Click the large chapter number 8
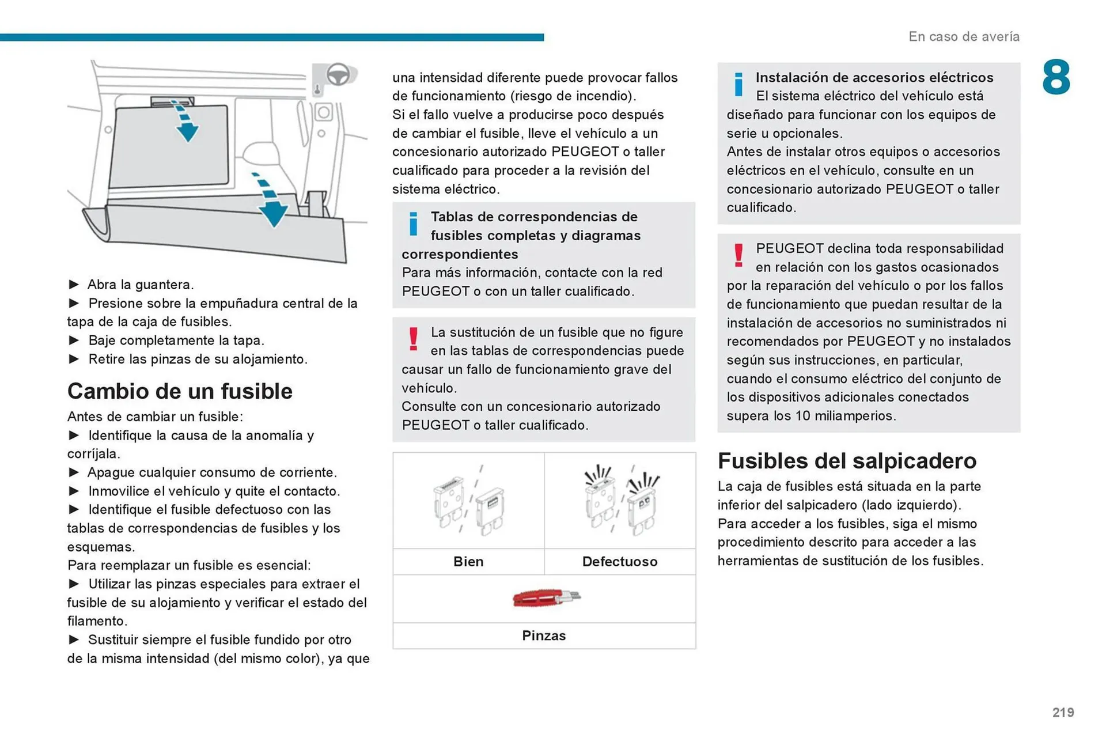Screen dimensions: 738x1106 coord(1055,77)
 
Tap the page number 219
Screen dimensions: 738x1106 coord(1063,713)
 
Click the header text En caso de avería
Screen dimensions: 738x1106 coord(964,36)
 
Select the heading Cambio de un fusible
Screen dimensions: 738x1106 coord(180,391)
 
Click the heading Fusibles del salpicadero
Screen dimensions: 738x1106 coord(847,461)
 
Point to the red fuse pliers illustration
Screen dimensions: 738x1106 coord(546,598)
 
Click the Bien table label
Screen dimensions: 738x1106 coord(468,562)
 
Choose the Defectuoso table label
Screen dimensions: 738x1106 coord(620,562)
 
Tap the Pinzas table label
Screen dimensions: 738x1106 coord(544,635)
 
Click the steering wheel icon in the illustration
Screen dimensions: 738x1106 coord(338,75)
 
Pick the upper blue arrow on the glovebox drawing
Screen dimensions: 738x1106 coord(185,122)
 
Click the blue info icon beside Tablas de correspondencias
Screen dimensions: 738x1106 coord(413,224)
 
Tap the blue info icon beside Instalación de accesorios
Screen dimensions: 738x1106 coord(738,84)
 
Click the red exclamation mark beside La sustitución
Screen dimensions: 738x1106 coord(413,339)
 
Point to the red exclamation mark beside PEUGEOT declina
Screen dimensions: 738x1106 coord(738,255)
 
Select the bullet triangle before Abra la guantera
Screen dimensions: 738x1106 coord(74,285)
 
